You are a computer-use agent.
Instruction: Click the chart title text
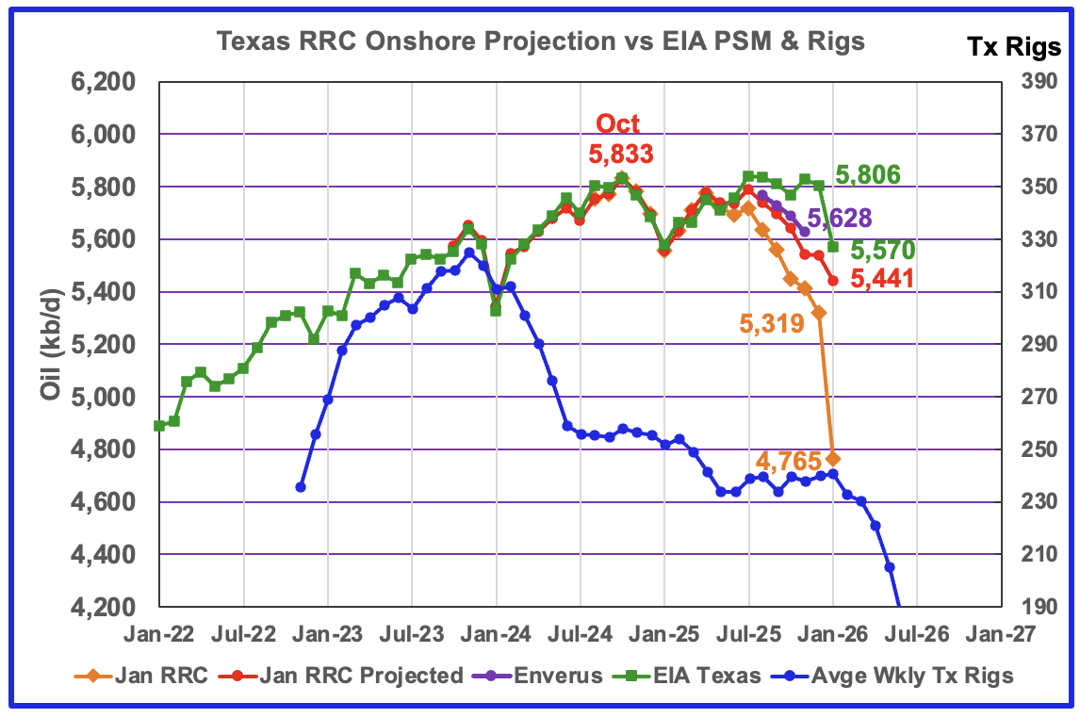tap(540, 41)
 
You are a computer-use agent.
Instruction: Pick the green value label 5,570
tap(887, 251)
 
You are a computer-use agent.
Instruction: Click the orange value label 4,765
tap(788, 462)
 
